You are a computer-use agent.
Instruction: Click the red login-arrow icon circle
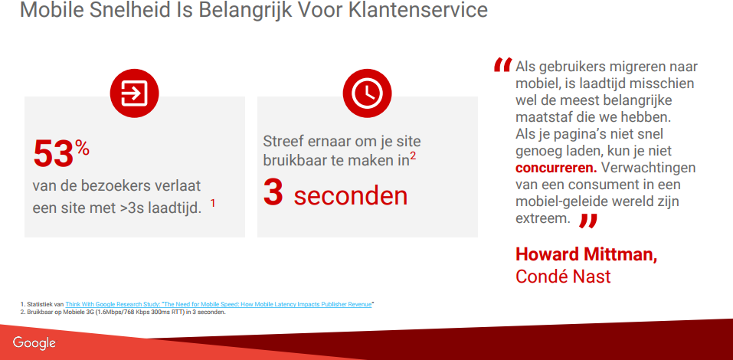[134, 93]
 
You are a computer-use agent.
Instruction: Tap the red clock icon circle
[367, 93]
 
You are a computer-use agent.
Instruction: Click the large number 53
[54, 154]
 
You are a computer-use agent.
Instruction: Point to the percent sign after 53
[82, 149]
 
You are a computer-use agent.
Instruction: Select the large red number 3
[273, 192]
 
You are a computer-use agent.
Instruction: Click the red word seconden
[351, 196]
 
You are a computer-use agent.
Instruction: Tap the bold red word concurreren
[556, 168]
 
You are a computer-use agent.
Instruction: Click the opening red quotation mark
[502, 65]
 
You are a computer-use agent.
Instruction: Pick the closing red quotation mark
[588, 221]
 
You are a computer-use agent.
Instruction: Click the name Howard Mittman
[586, 254]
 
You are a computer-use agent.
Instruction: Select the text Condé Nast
[563, 277]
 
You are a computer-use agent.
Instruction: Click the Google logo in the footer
[34, 342]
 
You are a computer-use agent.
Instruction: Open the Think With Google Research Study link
[218, 304]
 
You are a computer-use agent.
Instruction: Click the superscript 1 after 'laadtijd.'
[213, 204]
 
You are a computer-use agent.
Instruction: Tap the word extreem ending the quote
[543, 218]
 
